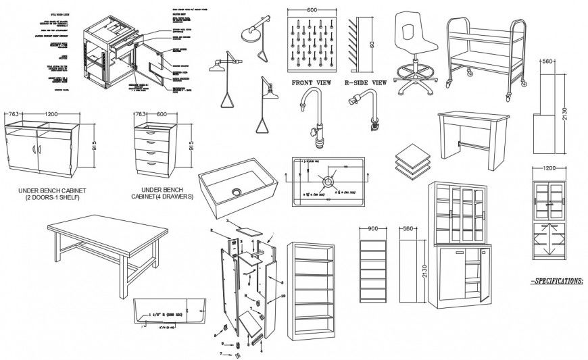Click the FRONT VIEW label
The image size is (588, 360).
(311, 83)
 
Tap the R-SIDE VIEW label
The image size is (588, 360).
(366, 83)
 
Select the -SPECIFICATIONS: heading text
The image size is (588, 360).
(556, 280)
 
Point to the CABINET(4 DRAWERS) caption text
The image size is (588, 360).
(162, 197)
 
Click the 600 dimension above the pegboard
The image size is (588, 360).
(312, 11)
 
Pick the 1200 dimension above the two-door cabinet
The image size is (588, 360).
(45, 114)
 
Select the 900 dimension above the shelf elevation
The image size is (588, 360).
(373, 228)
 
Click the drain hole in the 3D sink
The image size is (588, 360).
(237, 191)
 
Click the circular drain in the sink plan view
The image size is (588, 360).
(328, 181)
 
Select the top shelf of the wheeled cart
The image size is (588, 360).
(485, 36)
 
